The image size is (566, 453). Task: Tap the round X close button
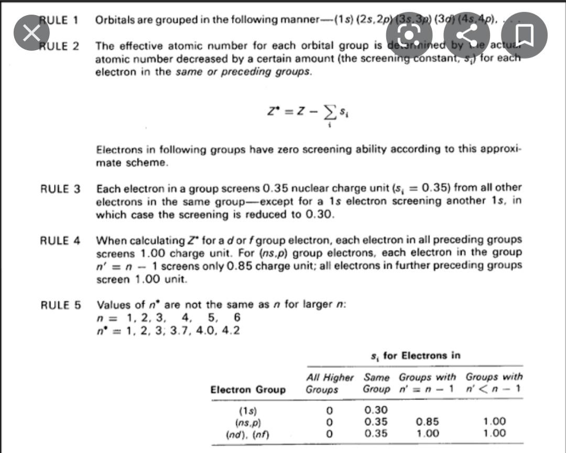[31, 33]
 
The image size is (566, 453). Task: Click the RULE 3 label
[60, 188]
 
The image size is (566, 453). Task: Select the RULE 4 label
[60, 240]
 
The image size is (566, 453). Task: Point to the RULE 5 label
[60, 304]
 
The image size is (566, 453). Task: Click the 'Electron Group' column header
[248, 389]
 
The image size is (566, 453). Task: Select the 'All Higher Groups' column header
[330, 383]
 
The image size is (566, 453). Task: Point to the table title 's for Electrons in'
[415, 356]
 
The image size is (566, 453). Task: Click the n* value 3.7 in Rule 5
[187, 330]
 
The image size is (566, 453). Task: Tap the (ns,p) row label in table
[248, 422]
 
